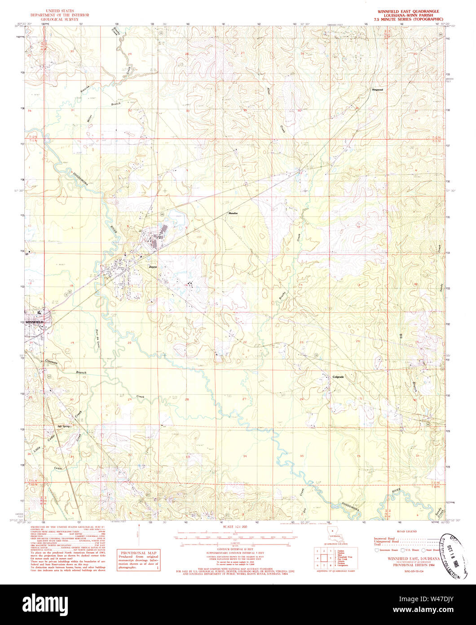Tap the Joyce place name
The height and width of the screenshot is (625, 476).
click(154, 267)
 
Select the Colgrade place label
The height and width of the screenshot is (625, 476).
click(338, 377)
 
